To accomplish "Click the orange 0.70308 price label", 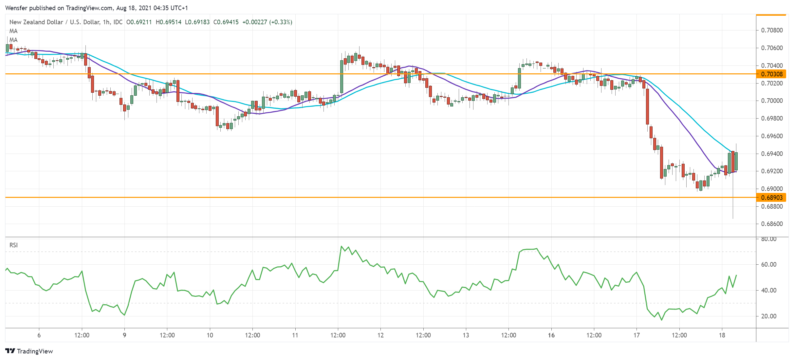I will (x=772, y=74).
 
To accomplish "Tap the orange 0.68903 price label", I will (x=772, y=198).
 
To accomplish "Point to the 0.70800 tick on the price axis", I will (x=772, y=30).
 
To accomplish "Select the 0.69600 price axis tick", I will (x=772, y=136).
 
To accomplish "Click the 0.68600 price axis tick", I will (x=772, y=224).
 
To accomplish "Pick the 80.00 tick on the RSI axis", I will (x=768, y=239).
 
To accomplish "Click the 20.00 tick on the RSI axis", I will (x=768, y=316).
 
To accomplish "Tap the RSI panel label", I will (x=13, y=245).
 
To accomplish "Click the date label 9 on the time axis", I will (x=124, y=335).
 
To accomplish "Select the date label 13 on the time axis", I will (x=466, y=335).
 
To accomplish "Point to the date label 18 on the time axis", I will (x=722, y=335).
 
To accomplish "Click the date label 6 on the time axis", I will (x=39, y=335).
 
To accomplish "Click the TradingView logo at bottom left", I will (x=29, y=351).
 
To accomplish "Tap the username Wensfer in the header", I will (x=16, y=8).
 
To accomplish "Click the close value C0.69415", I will (x=226, y=22).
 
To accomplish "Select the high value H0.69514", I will (x=168, y=22).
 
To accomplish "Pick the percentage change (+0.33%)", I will (x=281, y=22).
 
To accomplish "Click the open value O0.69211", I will (x=139, y=22).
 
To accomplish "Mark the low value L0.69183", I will (x=197, y=22).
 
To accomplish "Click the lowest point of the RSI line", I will (x=661, y=320).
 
